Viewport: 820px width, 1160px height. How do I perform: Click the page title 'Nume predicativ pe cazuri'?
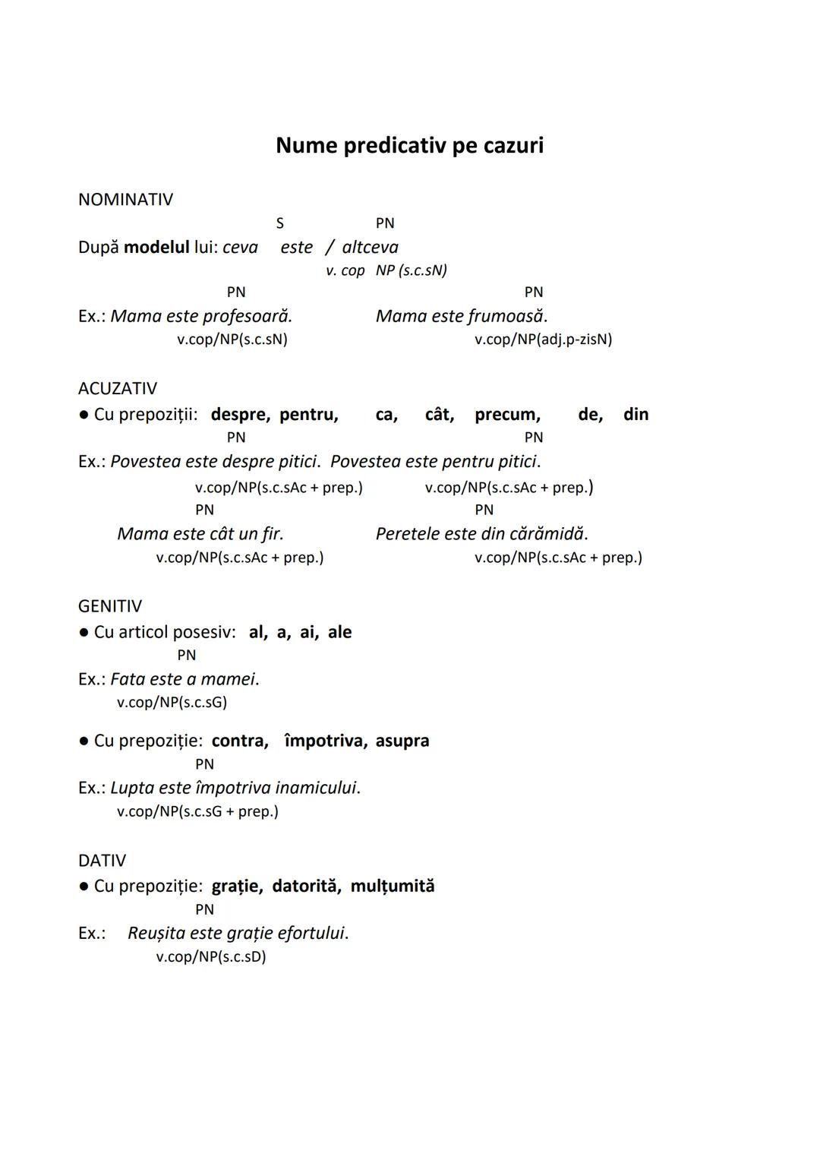click(x=409, y=145)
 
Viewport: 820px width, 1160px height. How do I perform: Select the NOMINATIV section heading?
click(x=125, y=199)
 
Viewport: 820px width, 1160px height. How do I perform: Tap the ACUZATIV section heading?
click(x=117, y=388)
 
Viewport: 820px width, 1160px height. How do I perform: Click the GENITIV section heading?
click(x=109, y=606)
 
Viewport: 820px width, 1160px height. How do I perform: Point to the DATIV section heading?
click(x=102, y=861)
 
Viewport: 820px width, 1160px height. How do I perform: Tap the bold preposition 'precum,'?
click(x=507, y=415)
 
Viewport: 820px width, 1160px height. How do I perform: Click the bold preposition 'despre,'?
click(x=240, y=415)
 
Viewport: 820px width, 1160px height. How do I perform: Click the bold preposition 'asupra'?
click(x=402, y=741)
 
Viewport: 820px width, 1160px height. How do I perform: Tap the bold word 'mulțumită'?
click(x=392, y=886)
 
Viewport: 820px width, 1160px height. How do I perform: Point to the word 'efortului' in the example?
click(x=312, y=933)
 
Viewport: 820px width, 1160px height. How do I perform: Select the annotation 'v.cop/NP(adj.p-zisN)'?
click(x=543, y=340)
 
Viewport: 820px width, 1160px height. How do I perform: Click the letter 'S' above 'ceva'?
click(x=279, y=223)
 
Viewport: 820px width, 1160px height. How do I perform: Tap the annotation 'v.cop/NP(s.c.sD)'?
click(x=211, y=957)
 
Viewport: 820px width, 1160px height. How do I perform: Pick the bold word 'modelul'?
click(x=156, y=248)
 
